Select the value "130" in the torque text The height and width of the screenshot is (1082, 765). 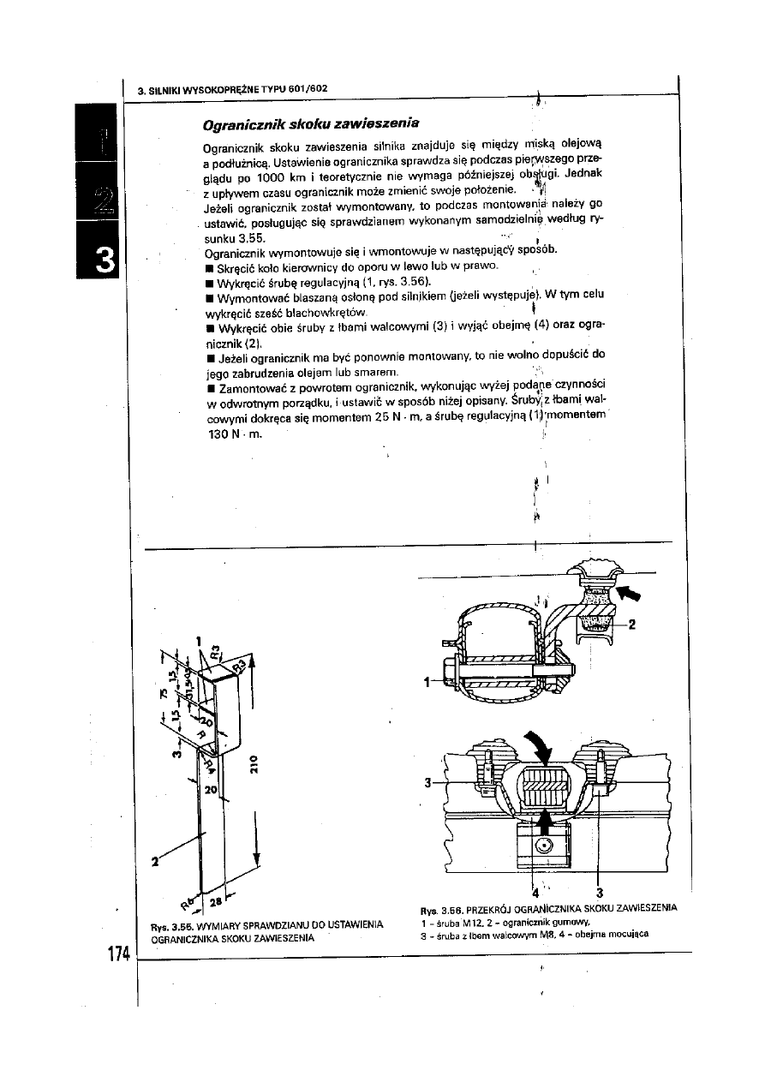click(220, 433)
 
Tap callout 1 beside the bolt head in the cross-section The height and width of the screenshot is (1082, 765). click(426, 683)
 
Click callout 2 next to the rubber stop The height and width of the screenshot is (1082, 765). click(632, 625)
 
